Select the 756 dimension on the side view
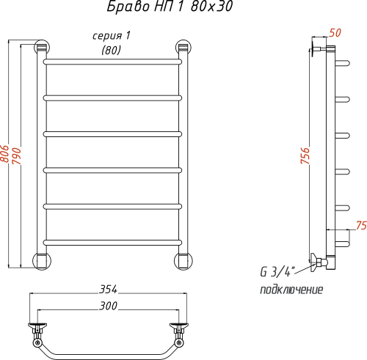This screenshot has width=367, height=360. click(305, 157)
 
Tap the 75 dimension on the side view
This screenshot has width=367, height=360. click(360, 225)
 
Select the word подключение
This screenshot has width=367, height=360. click(291, 290)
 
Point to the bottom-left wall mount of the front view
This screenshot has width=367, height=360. click(43, 260)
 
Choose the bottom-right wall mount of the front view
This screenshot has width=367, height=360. click(183, 260)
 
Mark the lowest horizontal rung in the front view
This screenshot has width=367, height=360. click(112, 241)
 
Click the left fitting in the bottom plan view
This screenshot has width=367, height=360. click(36, 329)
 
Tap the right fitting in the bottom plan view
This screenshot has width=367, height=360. click(178, 329)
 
